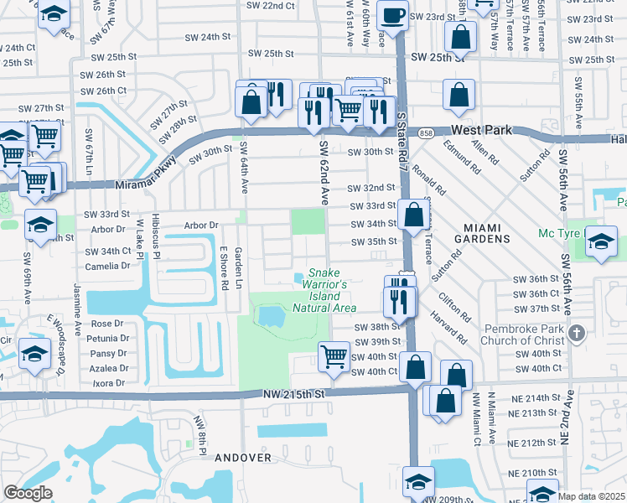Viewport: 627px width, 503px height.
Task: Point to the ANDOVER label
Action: (243, 458)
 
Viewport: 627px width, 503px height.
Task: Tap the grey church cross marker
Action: (576, 333)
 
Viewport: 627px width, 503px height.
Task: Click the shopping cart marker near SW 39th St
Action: (334, 355)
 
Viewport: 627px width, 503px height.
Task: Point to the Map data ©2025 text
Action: (591, 496)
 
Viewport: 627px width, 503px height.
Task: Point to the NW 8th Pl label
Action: (199, 435)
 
